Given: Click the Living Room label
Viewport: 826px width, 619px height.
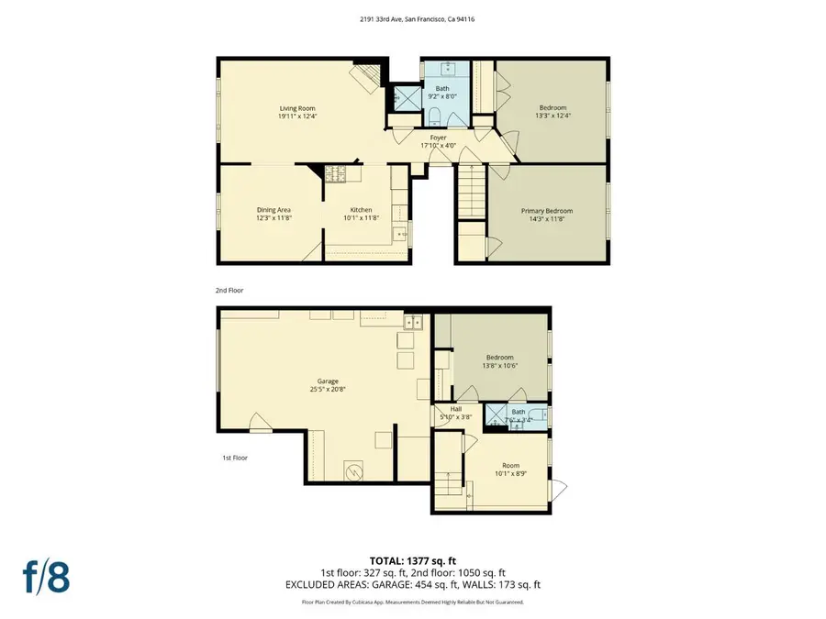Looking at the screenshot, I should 297,109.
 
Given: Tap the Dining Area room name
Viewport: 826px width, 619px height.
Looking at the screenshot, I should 273,210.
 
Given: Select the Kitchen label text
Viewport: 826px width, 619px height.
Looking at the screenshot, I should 360,210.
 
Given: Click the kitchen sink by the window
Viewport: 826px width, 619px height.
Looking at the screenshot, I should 401,235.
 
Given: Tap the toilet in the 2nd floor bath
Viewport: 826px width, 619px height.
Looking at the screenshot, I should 437,115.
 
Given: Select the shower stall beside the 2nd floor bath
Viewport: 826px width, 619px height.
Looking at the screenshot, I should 402,94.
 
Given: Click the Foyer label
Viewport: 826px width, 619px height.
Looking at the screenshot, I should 438,138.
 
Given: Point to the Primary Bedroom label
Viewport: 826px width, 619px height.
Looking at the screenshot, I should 545,210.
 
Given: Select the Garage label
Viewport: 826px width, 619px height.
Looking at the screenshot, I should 328,381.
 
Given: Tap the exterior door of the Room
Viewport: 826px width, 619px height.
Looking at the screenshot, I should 560,487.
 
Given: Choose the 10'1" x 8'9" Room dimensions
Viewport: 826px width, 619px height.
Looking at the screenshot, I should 510,474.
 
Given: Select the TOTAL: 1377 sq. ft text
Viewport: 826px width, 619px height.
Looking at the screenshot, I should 413,560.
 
